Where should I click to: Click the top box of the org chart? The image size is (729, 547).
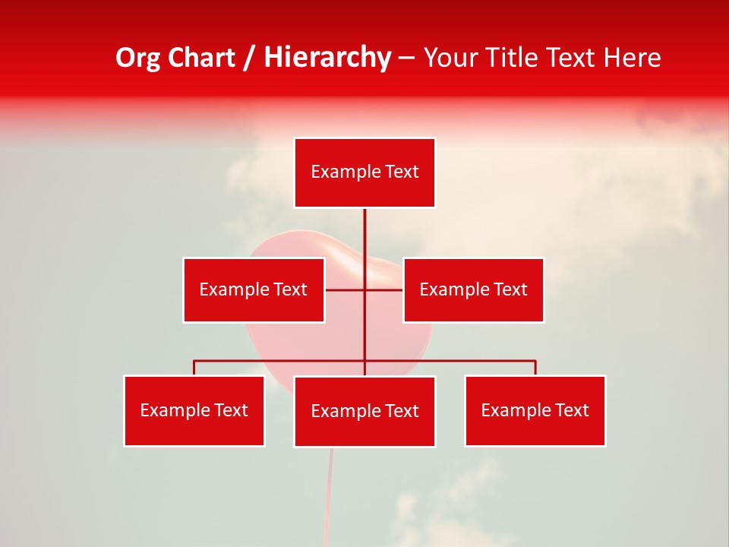point(364,172)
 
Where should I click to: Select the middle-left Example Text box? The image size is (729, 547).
point(254,289)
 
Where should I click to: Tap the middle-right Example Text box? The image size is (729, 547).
point(473,289)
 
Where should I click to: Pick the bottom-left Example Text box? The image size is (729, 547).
point(194,410)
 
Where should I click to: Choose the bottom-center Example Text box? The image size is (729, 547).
point(364,411)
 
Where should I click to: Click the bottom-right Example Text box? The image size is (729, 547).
point(535,410)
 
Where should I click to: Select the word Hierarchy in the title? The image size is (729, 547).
point(327,58)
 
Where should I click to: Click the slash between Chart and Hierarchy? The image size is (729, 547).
point(249,58)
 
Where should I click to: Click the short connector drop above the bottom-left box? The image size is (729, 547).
point(194,368)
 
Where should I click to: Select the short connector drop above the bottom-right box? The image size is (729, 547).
point(535,368)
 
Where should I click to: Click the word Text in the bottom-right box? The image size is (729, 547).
point(572,410)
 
